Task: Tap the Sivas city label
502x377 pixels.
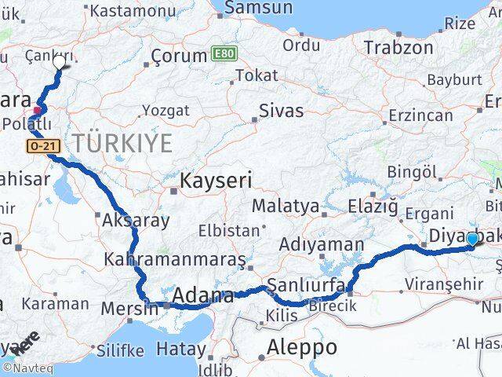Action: pos(281,110)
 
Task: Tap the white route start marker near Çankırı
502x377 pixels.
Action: pos(59,62)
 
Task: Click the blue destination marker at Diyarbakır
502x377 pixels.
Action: pos(472,240)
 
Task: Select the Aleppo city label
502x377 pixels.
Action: pos(301,346)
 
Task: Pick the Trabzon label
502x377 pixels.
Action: pos(398,47)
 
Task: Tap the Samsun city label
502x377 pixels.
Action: pos(258,8)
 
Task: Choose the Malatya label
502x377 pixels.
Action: pos(286,207)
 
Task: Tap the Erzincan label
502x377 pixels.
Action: pos(420,115)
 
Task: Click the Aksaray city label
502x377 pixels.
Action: pos(135,221)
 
